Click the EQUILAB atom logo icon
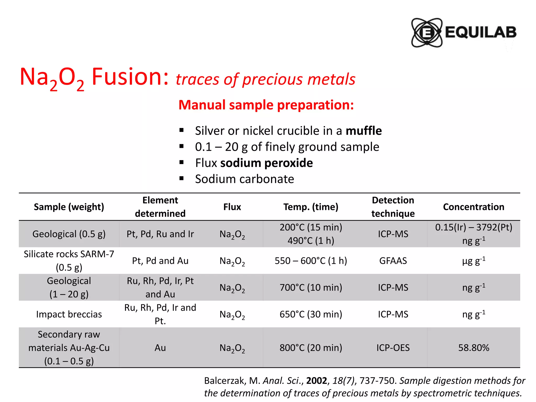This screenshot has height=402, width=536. pyautogui.click(x=427, y=33)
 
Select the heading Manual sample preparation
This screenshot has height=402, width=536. pyautogui.click(x=266, y=105)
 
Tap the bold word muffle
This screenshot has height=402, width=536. pyautogui.click(x=364, y=131)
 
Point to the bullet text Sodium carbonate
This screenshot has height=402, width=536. pyautogui.click(x=244, y=179)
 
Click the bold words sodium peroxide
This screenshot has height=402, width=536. pyautogui.click(x=266, y=163)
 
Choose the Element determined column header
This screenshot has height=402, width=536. pyautogui.click(x=160, y=207)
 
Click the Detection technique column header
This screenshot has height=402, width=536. pyautogui.click(x=393, y=207)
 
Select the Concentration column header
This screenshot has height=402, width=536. pyautogui.click(x=473, y=207)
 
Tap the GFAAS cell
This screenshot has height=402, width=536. pyautogui.click(x=393, y=261)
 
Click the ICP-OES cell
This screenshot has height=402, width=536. pyautogui.click(x=393, y=348)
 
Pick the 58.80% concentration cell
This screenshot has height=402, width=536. pyautogui.click(x=473, y=348)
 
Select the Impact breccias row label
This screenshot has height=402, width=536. pyautogui.click(x=69, y=314)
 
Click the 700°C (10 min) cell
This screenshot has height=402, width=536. pyautogui.click(x=311, y=287)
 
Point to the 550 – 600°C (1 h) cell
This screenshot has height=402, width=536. pyautogui.click(x=311, y=261)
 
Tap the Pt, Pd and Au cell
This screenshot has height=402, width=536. pyautogui.click(x=160, y=261)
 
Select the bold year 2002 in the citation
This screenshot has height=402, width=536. pyautogui.click(x=317, y=381)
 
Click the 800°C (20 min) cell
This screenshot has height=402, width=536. pyautogui.click(x=311, y=348)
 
